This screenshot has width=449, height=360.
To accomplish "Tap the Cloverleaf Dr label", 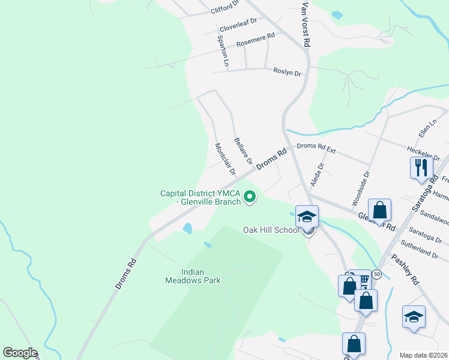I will point(238,25).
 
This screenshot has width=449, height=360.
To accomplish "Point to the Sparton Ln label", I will point(223,50).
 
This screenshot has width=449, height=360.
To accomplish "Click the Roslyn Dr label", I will point(286,72).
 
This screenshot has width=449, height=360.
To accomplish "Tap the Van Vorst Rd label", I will point(306,25).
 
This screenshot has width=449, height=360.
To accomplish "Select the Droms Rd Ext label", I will point(316,146).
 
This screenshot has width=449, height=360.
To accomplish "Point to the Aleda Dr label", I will point(317,173).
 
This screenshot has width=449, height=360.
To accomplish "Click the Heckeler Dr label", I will point(420,149).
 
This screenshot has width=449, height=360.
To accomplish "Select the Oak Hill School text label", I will point(270,230).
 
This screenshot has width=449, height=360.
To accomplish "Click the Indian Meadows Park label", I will point(193,276).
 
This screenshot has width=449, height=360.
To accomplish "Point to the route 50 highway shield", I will point(377,274).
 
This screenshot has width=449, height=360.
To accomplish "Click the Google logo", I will point(20,353).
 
